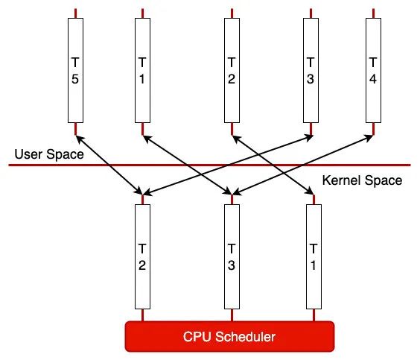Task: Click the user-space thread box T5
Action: [x=75, y=70]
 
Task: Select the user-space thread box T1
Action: [x=142, y=70]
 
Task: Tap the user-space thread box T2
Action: [x=232, y=70]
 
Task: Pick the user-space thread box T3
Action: [x=311, y=70]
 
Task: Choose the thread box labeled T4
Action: [x=373, y=70]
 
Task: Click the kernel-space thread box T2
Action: [x=142, y=256]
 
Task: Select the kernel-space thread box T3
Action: [x=232, y=256]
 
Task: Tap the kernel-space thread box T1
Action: [x=314, y=256]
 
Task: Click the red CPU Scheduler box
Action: [x=230, y=336]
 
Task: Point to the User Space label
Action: [x=49, y=154]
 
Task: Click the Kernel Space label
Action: [x=362, y=180]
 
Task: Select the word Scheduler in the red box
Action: [x=245, y=337]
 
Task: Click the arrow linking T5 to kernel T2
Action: [x=109, y=165]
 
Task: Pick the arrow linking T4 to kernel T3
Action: [x=302, y=165]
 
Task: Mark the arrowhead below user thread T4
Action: [x=369, y=137]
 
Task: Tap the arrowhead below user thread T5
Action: [x=80, y=139]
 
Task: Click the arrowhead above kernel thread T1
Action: [x=310, y=191]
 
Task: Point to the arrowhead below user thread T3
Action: [x=309, y=138]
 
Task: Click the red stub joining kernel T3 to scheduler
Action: [x=232, y=315]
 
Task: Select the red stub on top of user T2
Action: [x=232, y=13]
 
